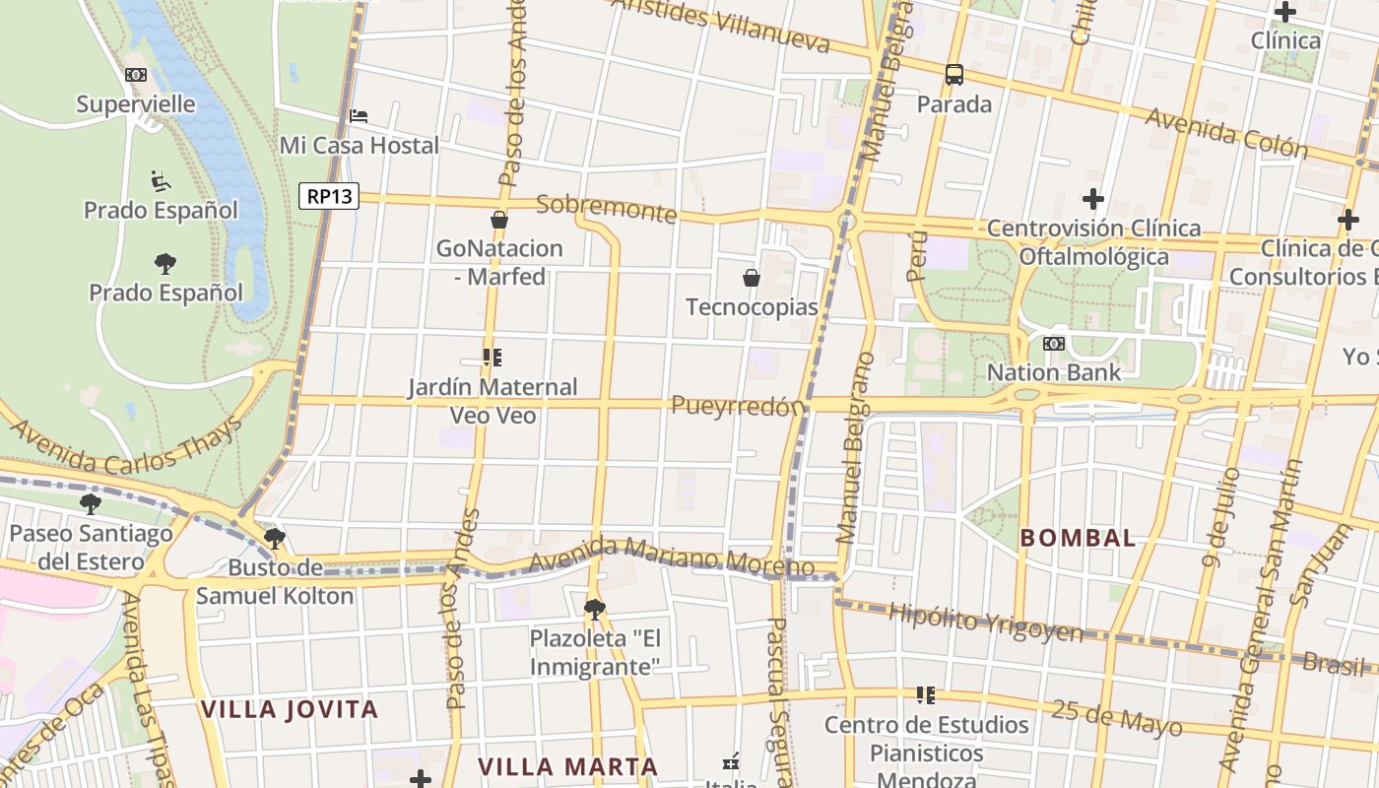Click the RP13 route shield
329,196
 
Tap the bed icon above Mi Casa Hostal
359,116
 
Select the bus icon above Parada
953,74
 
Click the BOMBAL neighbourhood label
1078,538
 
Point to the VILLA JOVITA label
290,709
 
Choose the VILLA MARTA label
567,766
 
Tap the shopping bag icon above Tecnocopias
752,278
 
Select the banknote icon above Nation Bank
1054,343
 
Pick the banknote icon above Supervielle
136,74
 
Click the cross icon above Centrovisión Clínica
1093,199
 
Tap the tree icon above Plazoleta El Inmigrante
594,609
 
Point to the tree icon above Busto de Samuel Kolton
275,538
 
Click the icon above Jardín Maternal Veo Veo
492,357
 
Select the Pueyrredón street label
738,406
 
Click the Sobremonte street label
607,208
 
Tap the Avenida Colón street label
1225,133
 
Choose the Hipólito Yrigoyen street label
985,622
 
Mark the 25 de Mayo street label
1116,717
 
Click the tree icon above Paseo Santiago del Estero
91,504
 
